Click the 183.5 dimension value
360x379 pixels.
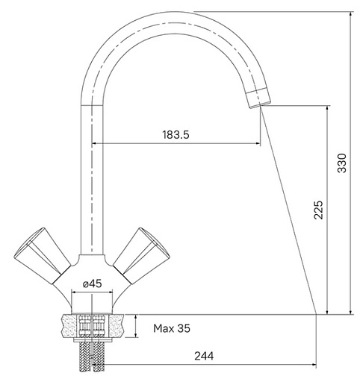[x=176, y=134]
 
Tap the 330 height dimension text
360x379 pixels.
[x=342, y=163]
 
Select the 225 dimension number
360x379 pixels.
[x=318, y=210]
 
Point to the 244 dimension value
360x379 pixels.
[x=204, y=356]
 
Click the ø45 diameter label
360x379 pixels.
[x=93, y=284]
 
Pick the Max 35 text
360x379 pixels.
[x=172, y=328]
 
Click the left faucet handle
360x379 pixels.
[x=43, y=256]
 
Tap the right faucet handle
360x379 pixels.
[x=141, y=256]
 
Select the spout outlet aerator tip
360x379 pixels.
[x=258, y=98]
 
